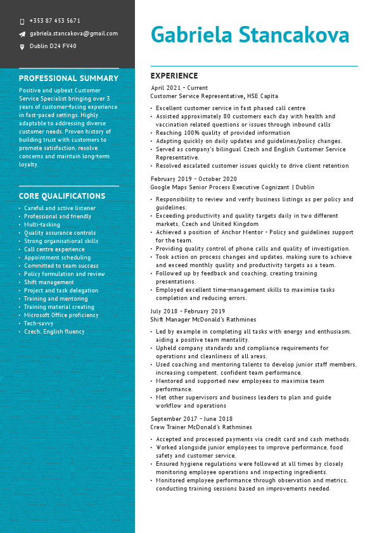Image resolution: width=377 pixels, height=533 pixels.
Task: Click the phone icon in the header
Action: [22, 21]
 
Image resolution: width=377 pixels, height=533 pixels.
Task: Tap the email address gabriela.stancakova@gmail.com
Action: [73, 34]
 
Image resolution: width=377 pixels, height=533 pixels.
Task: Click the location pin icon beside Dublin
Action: [22, 46]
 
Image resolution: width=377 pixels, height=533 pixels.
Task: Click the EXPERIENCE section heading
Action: [174, 76]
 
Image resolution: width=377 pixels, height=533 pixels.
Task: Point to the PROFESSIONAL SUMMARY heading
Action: [68, 78]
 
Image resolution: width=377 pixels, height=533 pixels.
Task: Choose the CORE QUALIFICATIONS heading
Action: [62, 196]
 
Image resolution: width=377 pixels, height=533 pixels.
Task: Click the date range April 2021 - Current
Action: [179, 88]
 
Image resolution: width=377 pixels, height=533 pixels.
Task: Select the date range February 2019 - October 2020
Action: [193, 179]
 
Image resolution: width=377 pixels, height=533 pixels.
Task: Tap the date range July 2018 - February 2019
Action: [188, 311]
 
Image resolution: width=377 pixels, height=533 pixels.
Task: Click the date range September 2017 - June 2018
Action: [192, 419]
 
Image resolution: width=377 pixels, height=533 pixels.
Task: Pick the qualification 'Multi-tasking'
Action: [42, 225]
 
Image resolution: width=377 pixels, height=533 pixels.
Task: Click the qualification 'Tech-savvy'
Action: [38, 323]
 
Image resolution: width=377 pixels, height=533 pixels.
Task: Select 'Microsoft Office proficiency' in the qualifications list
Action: [61, 315]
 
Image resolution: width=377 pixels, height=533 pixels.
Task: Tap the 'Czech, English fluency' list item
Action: [54, 332]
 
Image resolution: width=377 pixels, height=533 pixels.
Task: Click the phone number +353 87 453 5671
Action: [54, 21]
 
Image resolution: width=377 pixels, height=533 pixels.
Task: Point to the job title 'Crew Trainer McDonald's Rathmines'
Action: [201, 427]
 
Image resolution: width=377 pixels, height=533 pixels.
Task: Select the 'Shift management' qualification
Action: [49, 282]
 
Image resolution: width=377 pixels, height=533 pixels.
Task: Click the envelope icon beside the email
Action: [22, 34]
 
